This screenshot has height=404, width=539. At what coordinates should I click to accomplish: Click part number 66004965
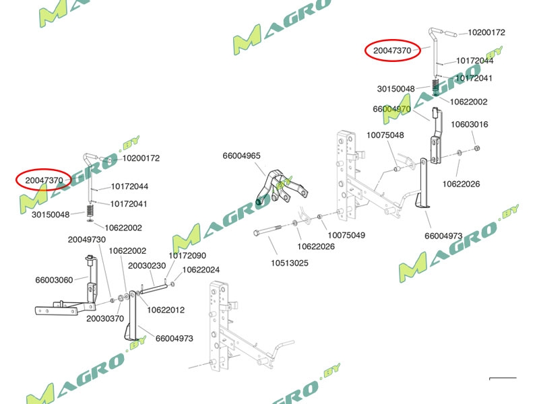point(241,156)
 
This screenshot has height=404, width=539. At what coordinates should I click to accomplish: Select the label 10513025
point(290,263)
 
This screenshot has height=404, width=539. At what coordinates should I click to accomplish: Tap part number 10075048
point(385,135)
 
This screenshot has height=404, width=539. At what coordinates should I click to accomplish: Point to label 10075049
point(346,235)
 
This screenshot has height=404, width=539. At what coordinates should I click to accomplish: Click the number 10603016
point(470,125)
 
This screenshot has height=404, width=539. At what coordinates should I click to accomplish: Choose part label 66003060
point(54,279)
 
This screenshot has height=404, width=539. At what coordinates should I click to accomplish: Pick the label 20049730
point(86,240)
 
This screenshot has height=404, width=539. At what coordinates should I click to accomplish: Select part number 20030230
point(147,266)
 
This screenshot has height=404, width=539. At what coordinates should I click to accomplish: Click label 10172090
point(187,256)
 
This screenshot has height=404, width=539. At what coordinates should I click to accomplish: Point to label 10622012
point(166,310)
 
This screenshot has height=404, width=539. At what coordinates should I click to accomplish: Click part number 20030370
point(104,318)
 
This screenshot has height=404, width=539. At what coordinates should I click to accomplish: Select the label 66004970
point(391,109)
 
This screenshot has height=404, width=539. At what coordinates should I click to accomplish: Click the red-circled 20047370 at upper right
point(392,50)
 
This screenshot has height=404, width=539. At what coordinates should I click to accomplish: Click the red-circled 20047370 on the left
point(44,180)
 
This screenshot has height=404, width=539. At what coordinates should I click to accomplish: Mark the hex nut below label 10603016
point(476,148)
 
